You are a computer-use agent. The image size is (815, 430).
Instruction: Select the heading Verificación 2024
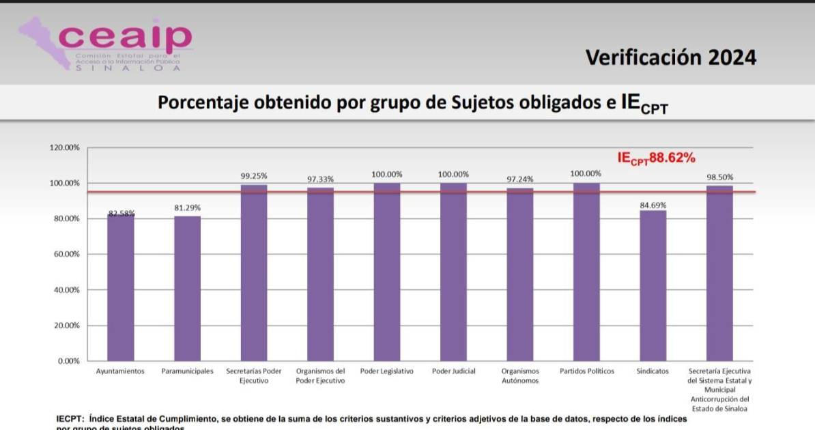click(x=670, y=57)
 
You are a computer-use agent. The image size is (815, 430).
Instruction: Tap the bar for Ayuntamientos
click(x=120, y=287)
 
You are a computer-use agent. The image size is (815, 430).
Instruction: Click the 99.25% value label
click(x=254, y=175)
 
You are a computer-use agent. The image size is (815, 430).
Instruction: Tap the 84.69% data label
click(x=653, y=205)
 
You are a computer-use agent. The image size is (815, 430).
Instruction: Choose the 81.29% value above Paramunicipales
click(x=187, y=207)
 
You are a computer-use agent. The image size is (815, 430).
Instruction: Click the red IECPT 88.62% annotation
click(x=656, y=158)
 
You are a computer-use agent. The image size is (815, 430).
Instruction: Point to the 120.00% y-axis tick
click(x=65, y=148)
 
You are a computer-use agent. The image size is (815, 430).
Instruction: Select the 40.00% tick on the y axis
click(x=67, y=290)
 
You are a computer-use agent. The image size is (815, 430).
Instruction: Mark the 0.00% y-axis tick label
click(x=69, y=361)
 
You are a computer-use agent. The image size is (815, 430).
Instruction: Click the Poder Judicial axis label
click(x=454, y=371)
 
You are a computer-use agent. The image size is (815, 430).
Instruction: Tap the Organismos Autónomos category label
click(x=520, y=376)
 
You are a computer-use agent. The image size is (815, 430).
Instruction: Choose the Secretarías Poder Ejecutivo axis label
click(x=254, y=376)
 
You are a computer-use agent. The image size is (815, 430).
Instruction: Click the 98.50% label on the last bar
click(x=719, y=177)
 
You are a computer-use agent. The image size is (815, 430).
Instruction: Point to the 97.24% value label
click(x=520, y=179)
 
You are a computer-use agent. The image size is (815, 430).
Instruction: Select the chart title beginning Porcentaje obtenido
click(x=412, y=104)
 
